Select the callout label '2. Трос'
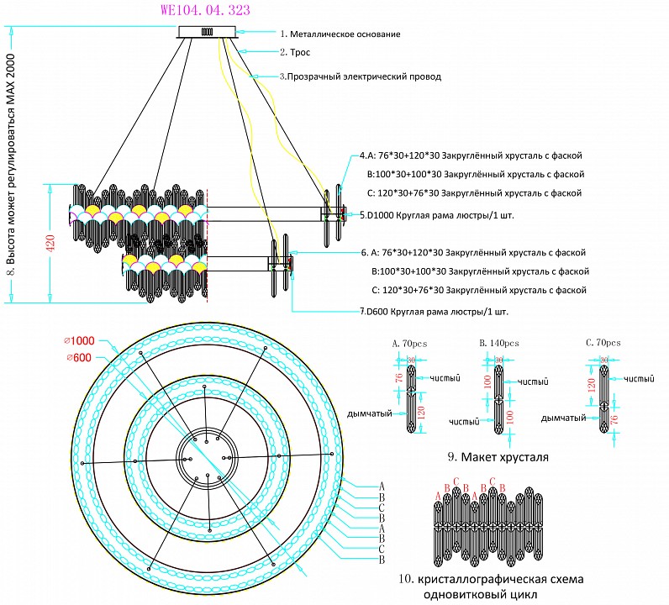(x=295, y=53)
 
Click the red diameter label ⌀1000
(x=81, y=340)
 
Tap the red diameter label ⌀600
(x=81, y=358)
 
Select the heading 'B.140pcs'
(x=498, y=343)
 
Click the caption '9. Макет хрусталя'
(x=498, y=458)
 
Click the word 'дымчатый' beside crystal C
(x=562, y=417)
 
